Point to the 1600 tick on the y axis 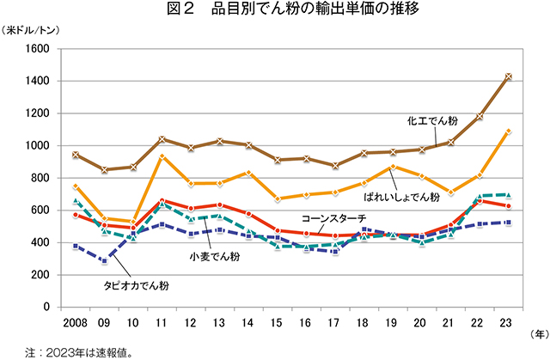(x=38, y=49)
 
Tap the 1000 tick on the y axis (x=38, y=146)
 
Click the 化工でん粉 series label (x=435, y=121)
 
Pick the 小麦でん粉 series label (x=215, y=256)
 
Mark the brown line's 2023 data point (x=508, y=76)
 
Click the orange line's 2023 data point (x=508, y=131)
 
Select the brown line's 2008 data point (x=76, y=155)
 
